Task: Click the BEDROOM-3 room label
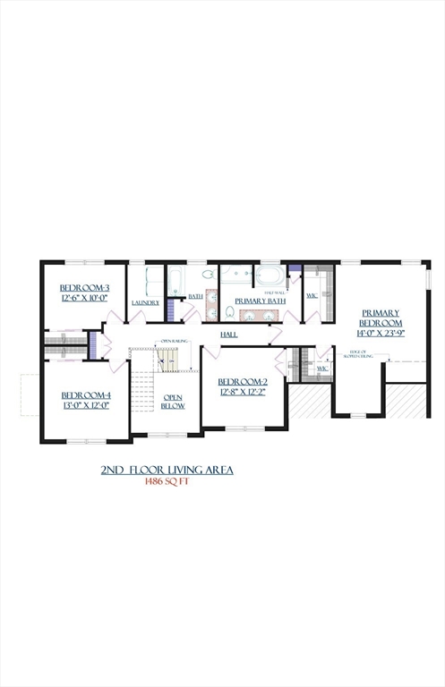tap(84, 287)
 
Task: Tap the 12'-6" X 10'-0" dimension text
tap(84, 298)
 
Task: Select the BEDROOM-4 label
tap(86, 394)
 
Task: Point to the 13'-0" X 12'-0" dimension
tap(86, 405)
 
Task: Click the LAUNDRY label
tap(145, 302)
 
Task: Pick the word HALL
tap(229, 334)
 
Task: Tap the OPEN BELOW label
tap(173, 400)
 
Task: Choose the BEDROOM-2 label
tap(243, 381)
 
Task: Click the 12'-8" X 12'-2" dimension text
tap(243, 391)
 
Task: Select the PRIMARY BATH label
tap(260, 301)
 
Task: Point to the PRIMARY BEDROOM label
tap(381, 318)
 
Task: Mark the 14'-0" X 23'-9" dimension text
tap(381, 332)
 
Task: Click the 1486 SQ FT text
tap(168, 481)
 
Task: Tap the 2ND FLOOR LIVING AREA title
tap(167, 469)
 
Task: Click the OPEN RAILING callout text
tap(173, 342)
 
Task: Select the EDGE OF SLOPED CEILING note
tap(363, 357)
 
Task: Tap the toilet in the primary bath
tap(230, 313)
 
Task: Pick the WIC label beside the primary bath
tap(312, 295)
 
